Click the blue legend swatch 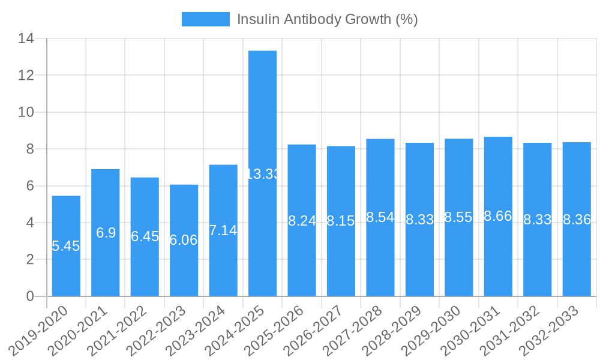point(205,19)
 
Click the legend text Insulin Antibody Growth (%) point(327,19)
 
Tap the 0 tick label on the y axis point(30,296)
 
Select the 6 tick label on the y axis point(30,186)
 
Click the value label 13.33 point(262,174)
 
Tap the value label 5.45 point(66,246)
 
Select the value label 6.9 point(106,233)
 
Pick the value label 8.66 point(498,216)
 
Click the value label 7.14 point(223,230)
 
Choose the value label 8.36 point(577,220)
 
